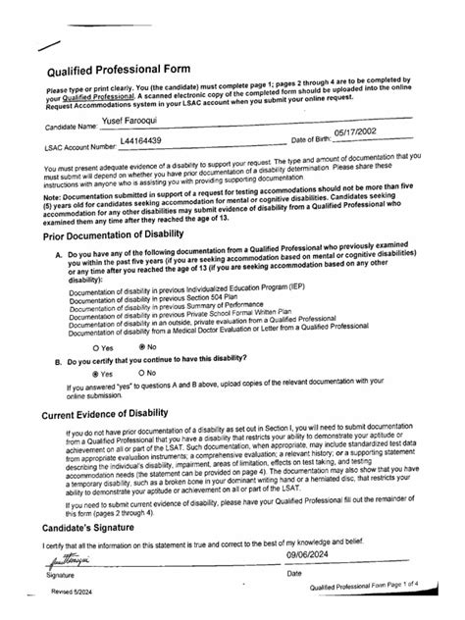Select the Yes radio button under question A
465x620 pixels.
95,346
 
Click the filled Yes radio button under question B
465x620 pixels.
95,374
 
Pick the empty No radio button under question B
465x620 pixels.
142,374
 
